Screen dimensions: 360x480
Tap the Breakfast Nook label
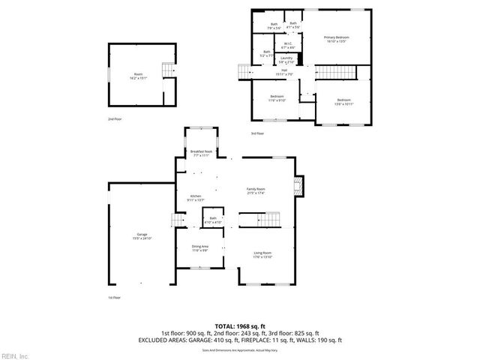coord(200,154)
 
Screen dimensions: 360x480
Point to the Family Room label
coord(256,190)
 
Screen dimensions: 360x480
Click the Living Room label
coord(261,255)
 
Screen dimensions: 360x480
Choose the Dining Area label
coord(200,247)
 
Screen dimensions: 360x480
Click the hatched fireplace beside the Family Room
coord(299,187)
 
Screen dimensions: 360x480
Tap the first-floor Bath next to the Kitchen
coord(213,220)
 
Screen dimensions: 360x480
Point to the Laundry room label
coord(286,59)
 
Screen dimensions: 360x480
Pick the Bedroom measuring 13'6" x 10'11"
coord(343,101)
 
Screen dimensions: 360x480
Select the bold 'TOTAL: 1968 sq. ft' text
coord(239,326)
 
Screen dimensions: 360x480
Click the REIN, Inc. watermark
coord(15,354)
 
